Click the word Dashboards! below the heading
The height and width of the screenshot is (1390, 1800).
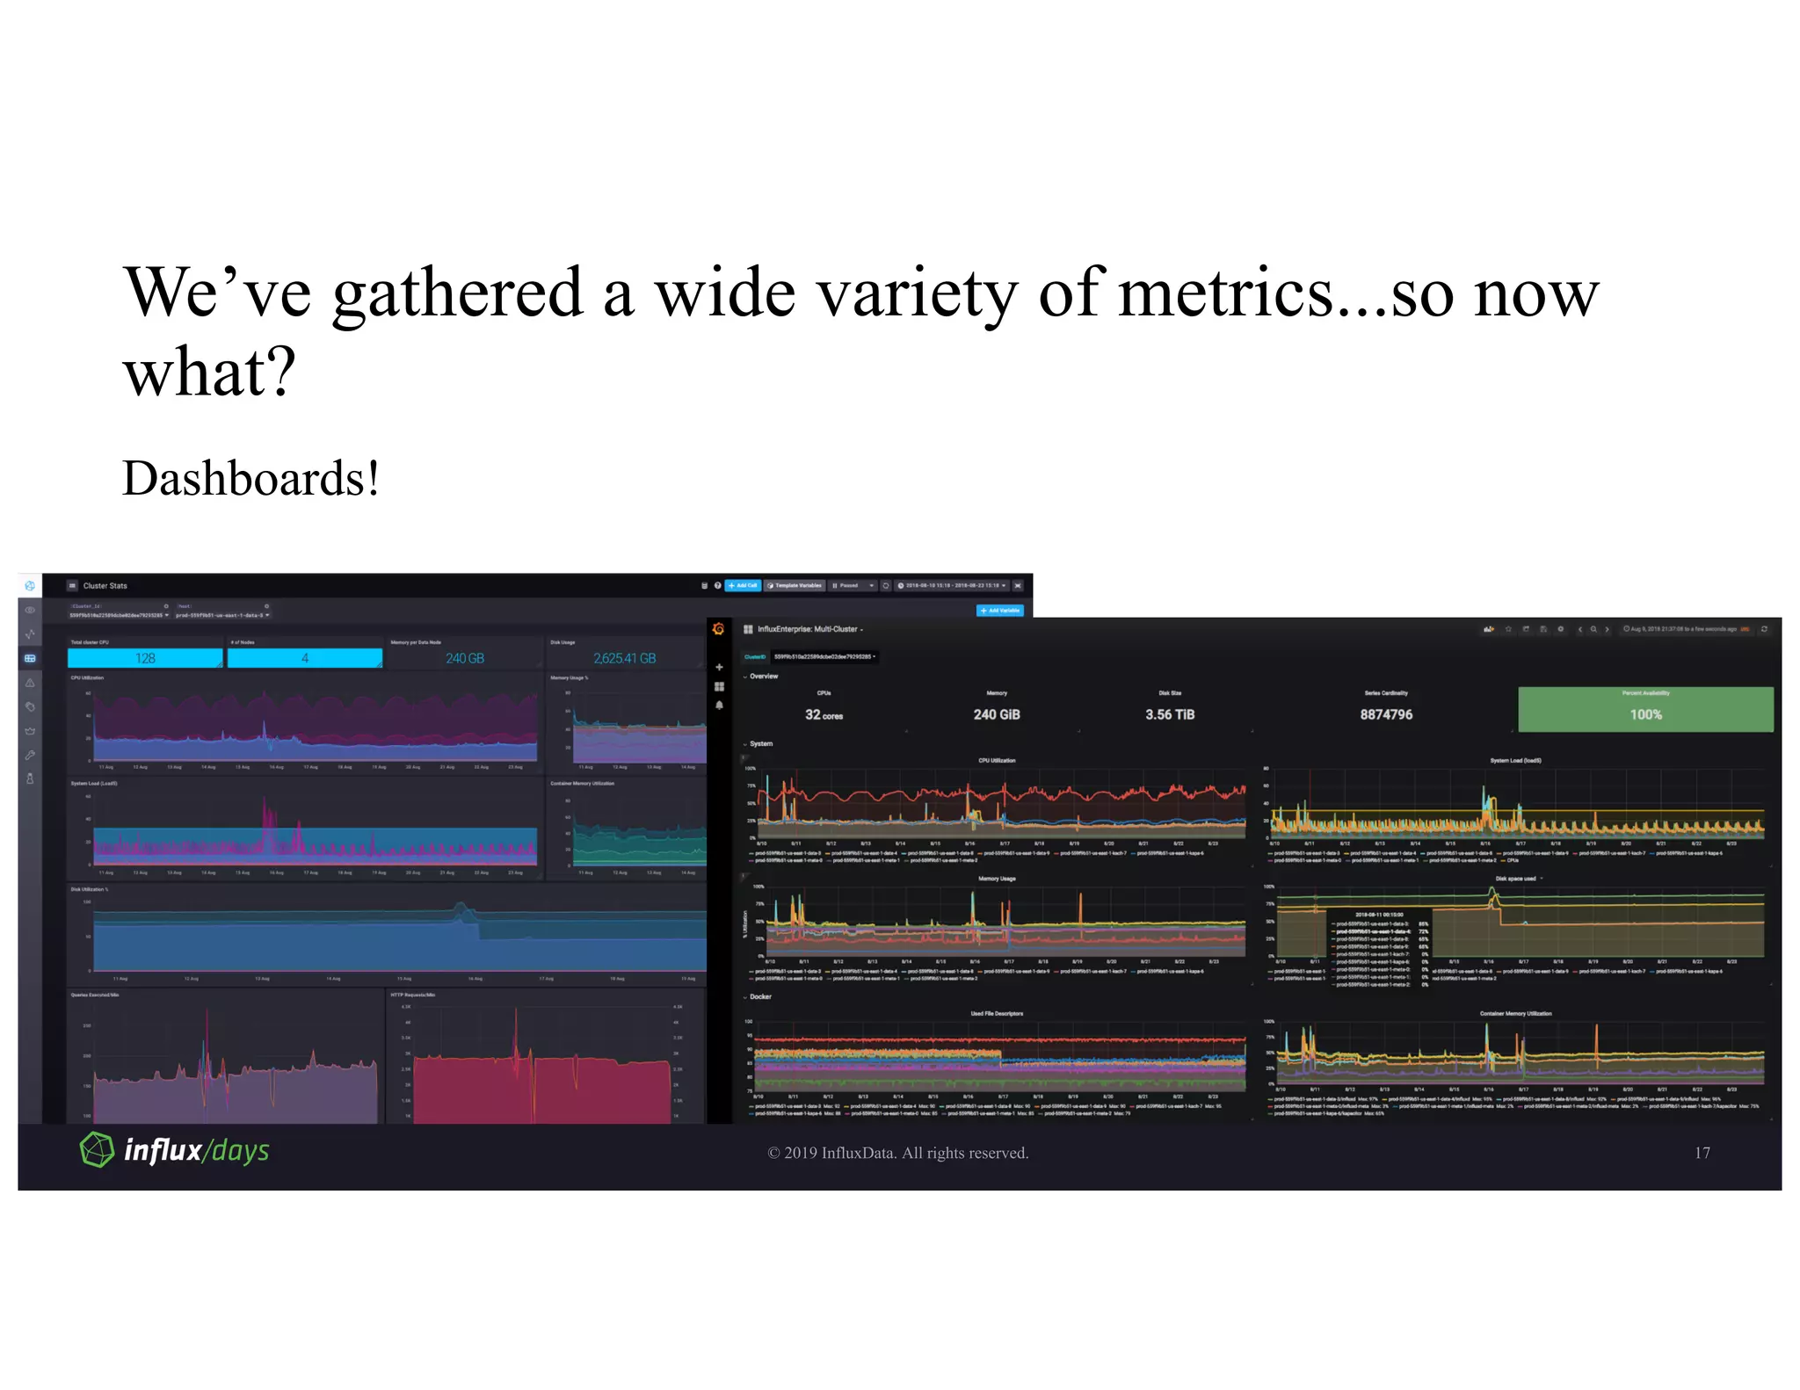pos(250,479)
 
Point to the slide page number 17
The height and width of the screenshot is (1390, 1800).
pos(1702,1153)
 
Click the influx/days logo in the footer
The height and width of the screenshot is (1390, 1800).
pos(175,1150)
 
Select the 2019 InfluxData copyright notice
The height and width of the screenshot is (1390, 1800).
pos(897,1153)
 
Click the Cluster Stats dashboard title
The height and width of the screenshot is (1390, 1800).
pos(105,586)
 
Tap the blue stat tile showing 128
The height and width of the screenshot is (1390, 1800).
pos(145,658)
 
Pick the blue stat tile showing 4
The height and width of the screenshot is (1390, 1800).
pos(304,658)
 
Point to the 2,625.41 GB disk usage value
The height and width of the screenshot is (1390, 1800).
pos(624,658)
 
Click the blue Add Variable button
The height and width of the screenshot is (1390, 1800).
pos(1000,611)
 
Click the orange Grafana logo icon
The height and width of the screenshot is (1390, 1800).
pos(718,629)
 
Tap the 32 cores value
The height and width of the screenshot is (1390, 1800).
pos(824,715)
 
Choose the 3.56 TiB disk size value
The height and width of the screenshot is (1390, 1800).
pos(1170,714)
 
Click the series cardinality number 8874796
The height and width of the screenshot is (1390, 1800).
pos(1386,714)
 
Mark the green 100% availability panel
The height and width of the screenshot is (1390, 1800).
pos(1645,709)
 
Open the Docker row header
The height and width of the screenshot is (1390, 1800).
pos(760,996)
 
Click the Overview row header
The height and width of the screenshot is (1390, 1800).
pos(763,677)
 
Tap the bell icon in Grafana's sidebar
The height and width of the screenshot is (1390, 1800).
pos(719,706)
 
